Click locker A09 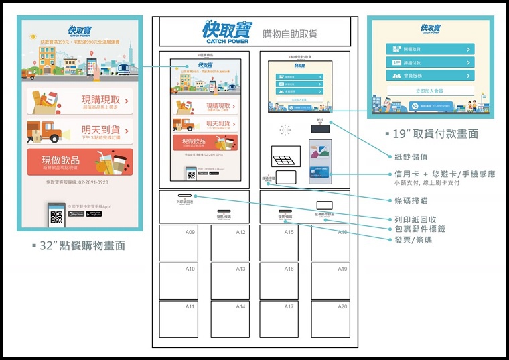click(178, 243)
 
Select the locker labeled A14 click(230, 319)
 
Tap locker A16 click(279, 281)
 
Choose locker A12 click(230, 243)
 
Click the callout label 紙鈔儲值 click(414, 156)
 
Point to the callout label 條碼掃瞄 click(414, 200)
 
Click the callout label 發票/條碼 click(413, 239)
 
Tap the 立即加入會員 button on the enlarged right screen click(430, 91)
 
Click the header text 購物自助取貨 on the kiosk click(290, 33)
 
